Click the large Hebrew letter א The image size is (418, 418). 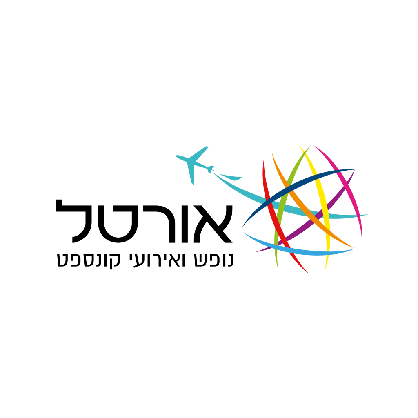(213, 224)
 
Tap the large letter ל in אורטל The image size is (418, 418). (72, 221)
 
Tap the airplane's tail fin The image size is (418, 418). (210, 169)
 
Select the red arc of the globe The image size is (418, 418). (277, 221)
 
